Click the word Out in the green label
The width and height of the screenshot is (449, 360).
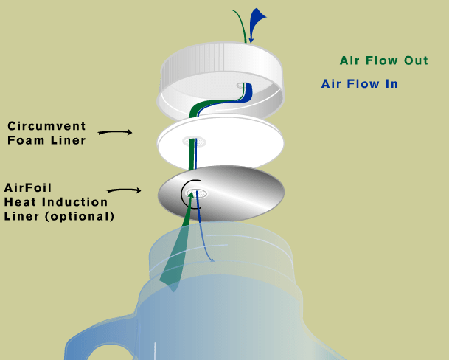pos(413,61)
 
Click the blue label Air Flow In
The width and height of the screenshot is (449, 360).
pos(359,84)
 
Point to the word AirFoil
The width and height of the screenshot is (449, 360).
pos(29,187)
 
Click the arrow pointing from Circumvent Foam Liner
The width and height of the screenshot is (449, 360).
pos(114,132)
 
